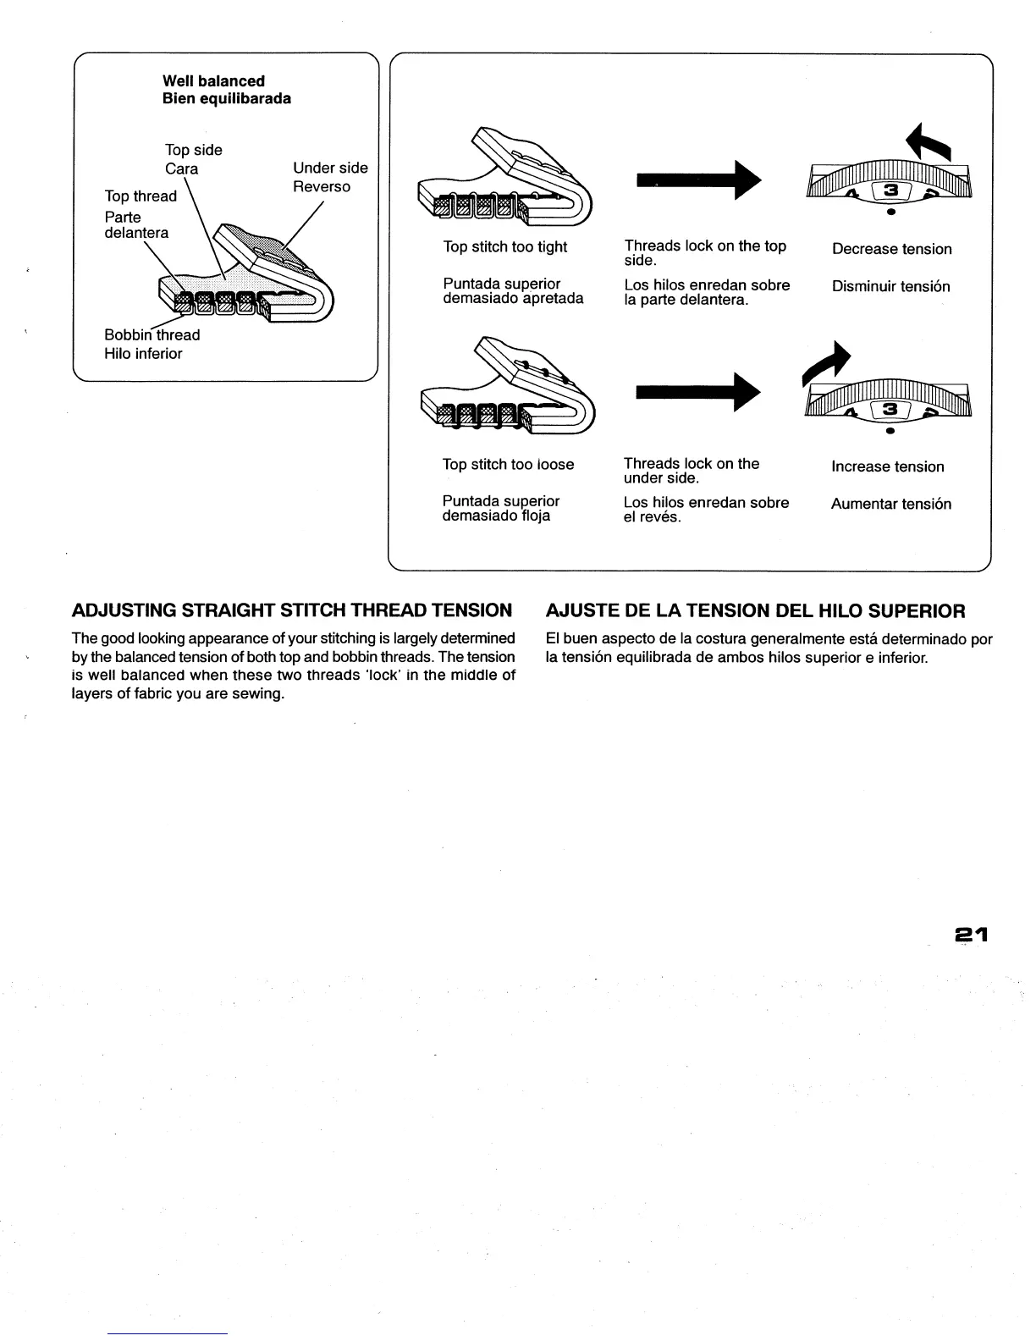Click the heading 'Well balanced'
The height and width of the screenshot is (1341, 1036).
[x=213, y=81]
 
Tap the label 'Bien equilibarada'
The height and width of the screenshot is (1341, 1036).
[x=227, y=99]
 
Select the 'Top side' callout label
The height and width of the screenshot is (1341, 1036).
[x=194, y=151]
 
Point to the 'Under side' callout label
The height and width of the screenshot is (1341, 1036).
[x=330, y=168]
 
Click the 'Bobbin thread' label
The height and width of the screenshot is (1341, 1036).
[x=152, y=335]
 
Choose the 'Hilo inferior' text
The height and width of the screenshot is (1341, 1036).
[x=143, y=354]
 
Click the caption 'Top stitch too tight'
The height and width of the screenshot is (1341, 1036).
[x=505, y=247]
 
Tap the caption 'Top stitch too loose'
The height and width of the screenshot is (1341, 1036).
[x=508, y=465]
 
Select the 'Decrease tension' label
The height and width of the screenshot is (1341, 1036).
[x=891, y=249]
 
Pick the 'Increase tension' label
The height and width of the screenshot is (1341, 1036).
[x=887, y=466]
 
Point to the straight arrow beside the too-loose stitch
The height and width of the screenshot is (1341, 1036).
[x=699, y=392]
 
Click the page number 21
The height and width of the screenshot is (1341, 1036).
[x=972, y=935]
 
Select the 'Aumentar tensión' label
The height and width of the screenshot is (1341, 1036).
[x=890, y=505]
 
